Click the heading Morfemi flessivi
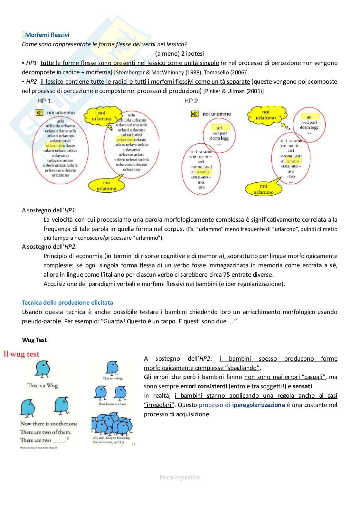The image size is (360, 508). tap(47, 35)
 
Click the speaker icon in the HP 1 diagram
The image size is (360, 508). tap(39, 113)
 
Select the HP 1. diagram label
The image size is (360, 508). tap(45, 101)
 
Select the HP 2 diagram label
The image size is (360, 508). tap(191, 101)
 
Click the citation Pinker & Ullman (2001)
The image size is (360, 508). tap(233, 91)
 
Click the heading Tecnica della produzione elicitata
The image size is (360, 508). tap(67, 302)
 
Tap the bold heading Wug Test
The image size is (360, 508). tap(34, 340)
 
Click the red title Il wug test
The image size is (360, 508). tap(21, 354)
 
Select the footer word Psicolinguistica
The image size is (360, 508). tap(180, 477)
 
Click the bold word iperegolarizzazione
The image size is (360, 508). tap(258, 405)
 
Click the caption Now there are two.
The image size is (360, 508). tap(112, 404)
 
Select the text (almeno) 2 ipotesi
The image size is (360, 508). tap(179, 53)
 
